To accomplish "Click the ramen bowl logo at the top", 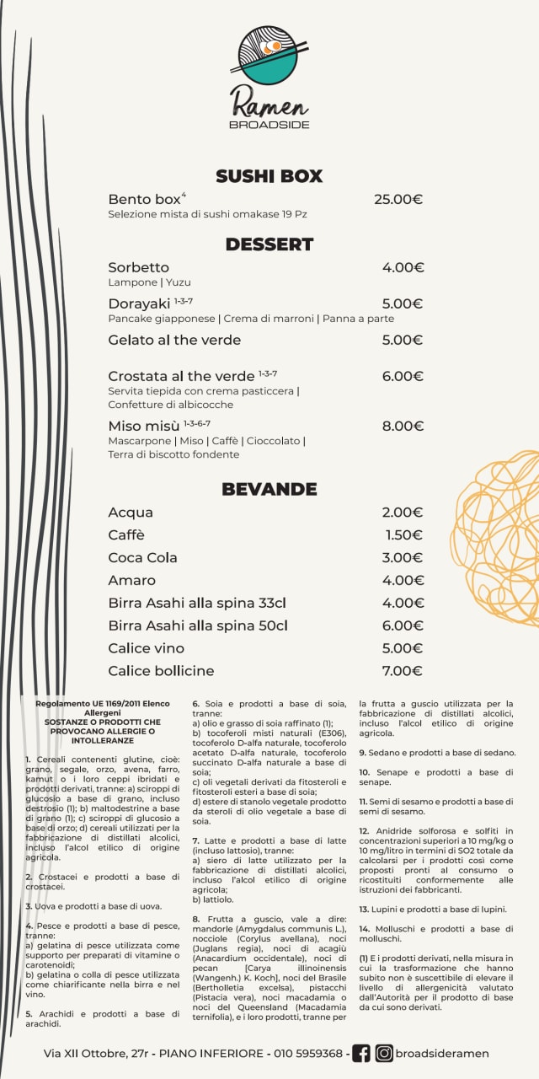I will (269, 56).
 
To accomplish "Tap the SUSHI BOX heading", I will (269, 176).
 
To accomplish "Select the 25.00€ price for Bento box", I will (398, 200).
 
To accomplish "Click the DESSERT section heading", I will (269, 244).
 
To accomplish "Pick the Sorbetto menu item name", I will (139, 267).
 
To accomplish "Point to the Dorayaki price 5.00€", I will (403, 303).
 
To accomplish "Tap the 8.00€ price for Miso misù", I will (403, 426).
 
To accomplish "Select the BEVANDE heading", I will (269, 489).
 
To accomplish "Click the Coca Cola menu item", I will (142, 557).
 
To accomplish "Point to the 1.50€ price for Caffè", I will (404, 534).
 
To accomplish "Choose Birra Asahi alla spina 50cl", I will (198, 625).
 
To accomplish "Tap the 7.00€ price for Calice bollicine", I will (403, 671).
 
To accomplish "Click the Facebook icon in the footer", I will (361, 1053).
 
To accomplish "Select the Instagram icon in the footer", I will (384, 1053).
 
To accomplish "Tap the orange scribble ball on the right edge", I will (501, 539).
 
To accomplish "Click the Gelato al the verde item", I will (174, 340).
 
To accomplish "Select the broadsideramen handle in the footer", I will (442, 1053).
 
